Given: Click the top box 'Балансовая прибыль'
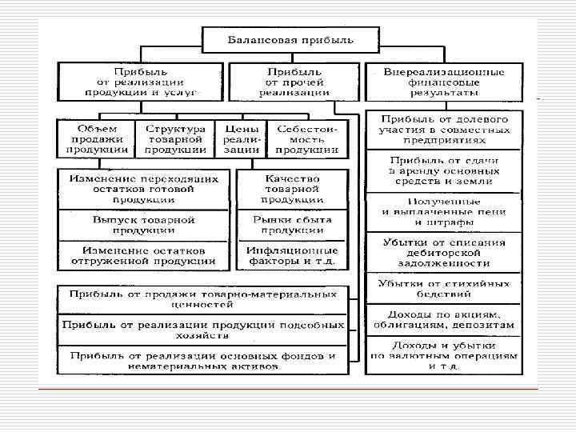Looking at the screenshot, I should (x=289, y=38).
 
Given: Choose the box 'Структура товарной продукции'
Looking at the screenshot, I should (x=175, y=138).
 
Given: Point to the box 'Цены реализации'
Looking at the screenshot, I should (x=242, y=138).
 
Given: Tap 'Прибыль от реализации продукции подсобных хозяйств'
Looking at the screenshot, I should (x=202, y=330).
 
